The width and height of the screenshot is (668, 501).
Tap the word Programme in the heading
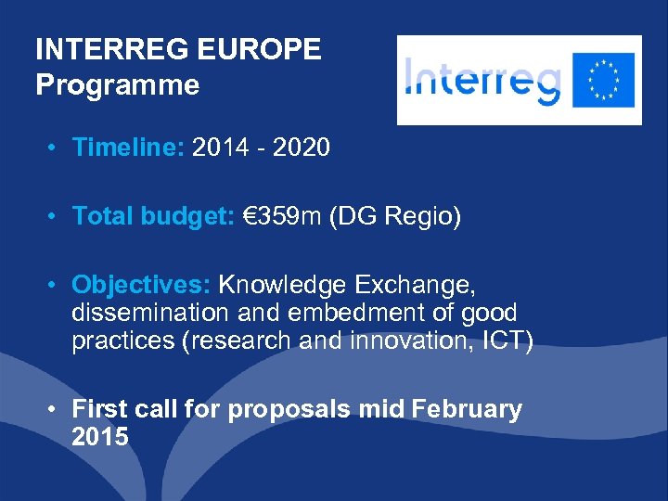click(117, 85)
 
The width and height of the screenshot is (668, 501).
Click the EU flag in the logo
click(604, 80)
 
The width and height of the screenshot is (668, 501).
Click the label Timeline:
click(129, 148)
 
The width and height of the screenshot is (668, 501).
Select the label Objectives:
click(142, 283)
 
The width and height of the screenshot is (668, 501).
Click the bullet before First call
click(57, 409)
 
